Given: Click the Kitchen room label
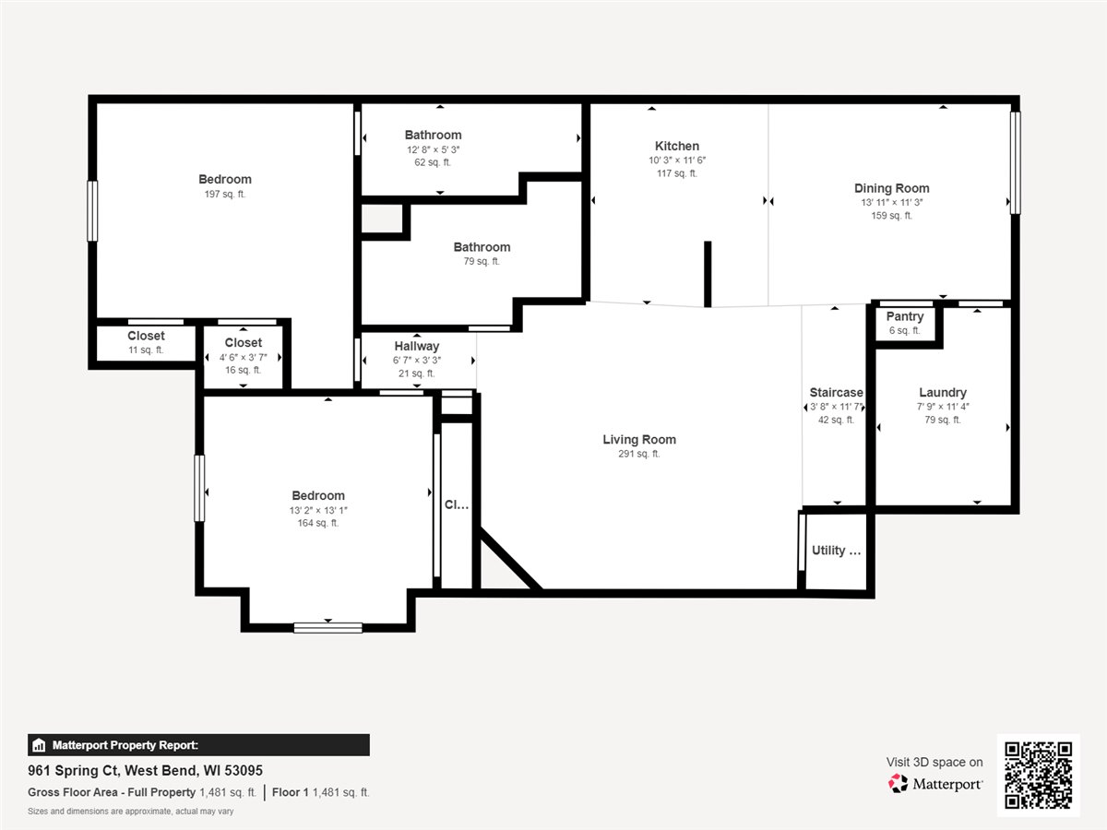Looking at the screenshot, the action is click(677, 146).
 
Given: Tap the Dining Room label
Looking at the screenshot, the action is click(892, 188).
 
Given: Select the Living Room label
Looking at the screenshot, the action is click(639, 440).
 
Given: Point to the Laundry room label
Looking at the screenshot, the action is click(943, 393).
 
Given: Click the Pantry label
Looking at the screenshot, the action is click(905, 316).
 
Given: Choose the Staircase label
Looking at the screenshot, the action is click(836, 393).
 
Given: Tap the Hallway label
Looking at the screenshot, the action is click(417, 346).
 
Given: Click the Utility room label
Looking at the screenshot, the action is click(836, 551).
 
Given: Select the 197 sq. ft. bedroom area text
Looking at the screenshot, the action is click(225, 194).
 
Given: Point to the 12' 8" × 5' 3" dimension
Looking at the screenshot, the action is click(434, 149).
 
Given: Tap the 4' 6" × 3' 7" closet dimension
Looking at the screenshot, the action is click(244, 357).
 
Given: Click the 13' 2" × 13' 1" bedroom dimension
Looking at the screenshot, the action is click(318, 511).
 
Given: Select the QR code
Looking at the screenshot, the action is click(1038, 775).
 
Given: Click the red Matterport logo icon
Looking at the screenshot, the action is click(898, 784).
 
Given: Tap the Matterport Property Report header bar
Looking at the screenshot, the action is click(198, 745).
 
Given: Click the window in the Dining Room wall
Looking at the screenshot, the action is click(1016, 163).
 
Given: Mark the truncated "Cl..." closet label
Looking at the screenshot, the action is click(457, 504).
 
